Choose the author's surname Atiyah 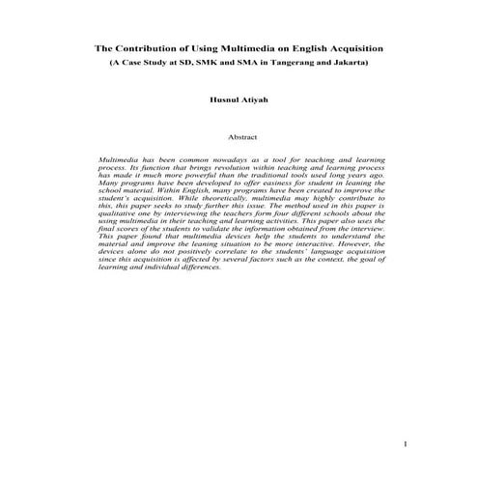click(255, 99)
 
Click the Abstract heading click(239, 136)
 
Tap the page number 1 click(407, 443)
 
